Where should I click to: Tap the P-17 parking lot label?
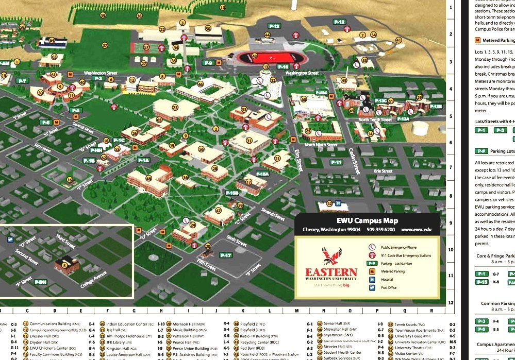pyautogui.click(x=226, y=255)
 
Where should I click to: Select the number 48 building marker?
pyautogui.click(x=148, y=178)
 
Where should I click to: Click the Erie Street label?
pyautogui.click(x=383, y=171)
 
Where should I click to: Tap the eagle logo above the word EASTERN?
pyautogui.click(x=331, y=256)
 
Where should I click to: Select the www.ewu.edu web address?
pyautogui.click(x=416, y=230)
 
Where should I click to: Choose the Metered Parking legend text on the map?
pyautogui.click(x=393, y=271)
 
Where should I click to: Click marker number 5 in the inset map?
pyautogui.click(x=64, y=265)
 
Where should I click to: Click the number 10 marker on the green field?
pyautogui.click(x=223, y=8)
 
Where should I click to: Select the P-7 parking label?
pyautogui.click(x=22, y=81)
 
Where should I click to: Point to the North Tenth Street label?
pyautogui.click(x=375, y=120)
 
